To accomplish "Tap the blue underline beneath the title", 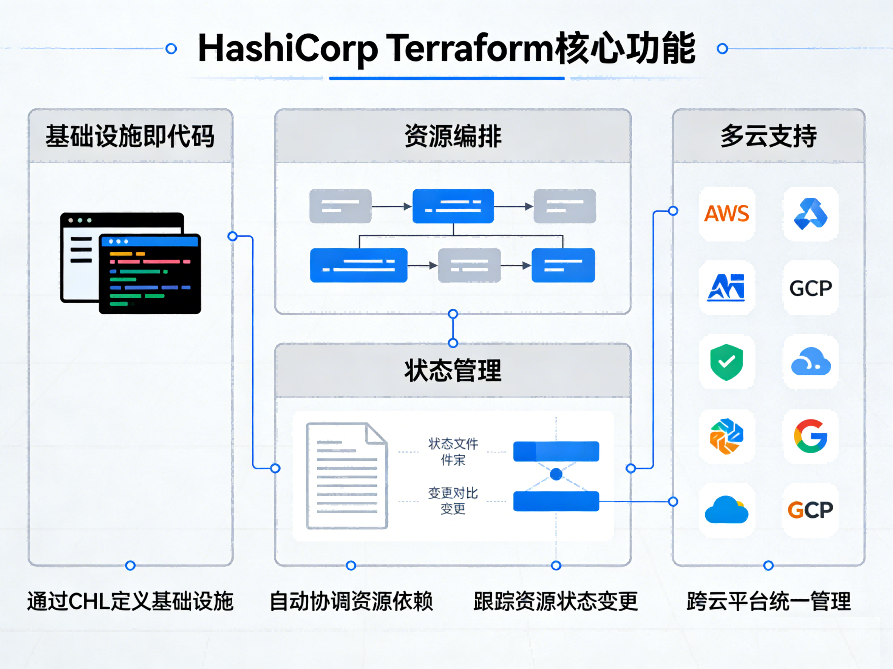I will (446, 78).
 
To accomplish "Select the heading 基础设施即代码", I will (130, 136).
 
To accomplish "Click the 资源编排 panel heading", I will (453, 136).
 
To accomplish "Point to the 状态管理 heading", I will (453, 371).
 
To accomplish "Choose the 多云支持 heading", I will (768, 136).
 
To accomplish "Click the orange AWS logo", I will (726, 214).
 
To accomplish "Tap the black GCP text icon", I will (810, 288).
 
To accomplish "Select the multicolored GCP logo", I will (810, 510).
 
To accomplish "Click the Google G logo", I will (810, 436).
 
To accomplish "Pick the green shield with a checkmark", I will (726, 362).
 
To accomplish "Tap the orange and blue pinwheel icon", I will (726, 436).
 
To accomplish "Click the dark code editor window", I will (150, 274).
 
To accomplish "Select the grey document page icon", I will (347, 476).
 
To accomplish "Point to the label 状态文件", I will (453, 444).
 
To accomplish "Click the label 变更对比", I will (453, 493).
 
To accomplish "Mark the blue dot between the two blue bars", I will (556, 474).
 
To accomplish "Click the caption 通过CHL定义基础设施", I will (130, 601).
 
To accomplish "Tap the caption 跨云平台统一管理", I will (768, 601).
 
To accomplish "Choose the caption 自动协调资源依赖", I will (351, 601).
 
